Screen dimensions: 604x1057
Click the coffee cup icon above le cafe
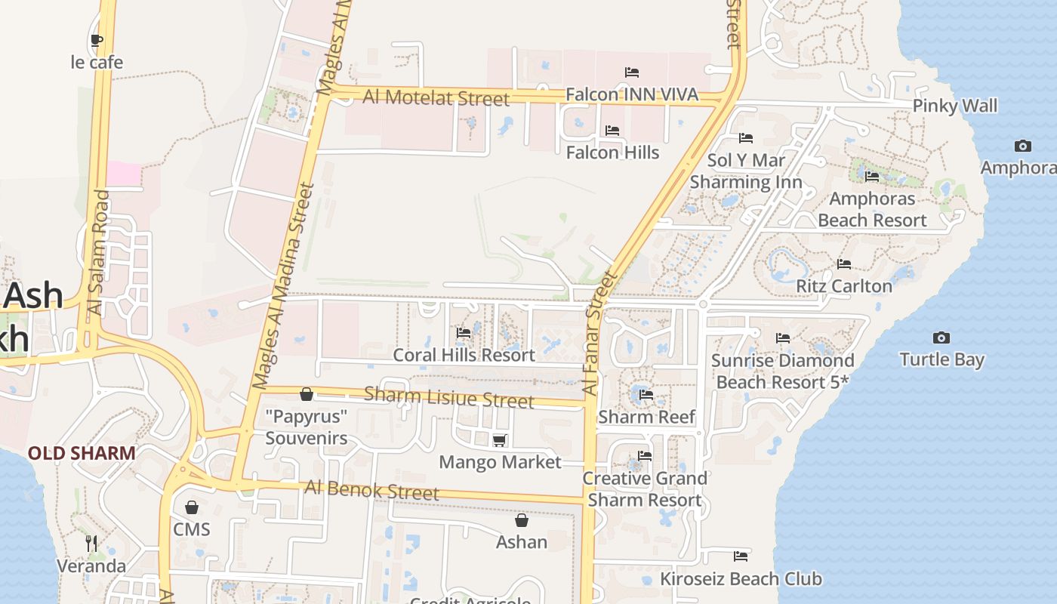[97, 41]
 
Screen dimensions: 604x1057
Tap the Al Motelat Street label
[436, 97]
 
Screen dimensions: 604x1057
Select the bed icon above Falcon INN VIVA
[632, 72]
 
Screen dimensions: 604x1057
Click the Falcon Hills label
[612, 153]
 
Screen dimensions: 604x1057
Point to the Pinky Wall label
[954, 106]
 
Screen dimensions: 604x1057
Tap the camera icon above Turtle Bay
[941, 337]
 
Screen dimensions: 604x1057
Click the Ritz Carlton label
[844, 286]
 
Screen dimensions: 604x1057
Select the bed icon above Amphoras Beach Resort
[872, 177]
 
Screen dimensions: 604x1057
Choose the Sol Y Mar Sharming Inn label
[746, 171]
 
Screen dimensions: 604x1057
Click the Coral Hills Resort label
[464, 355]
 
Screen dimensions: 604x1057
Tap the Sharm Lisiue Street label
[449, 397]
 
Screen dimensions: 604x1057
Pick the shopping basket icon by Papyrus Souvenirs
[307, 394]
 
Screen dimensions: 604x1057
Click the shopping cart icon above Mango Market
[499, 440]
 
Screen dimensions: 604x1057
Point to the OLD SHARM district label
[82, 453]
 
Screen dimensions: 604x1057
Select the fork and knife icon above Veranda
[91, 543]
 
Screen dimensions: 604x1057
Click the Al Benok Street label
[371, 491]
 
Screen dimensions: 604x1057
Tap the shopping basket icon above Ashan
[521, 520]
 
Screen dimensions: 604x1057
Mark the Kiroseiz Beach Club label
[741, 579]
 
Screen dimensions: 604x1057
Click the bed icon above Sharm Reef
[646, 394]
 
